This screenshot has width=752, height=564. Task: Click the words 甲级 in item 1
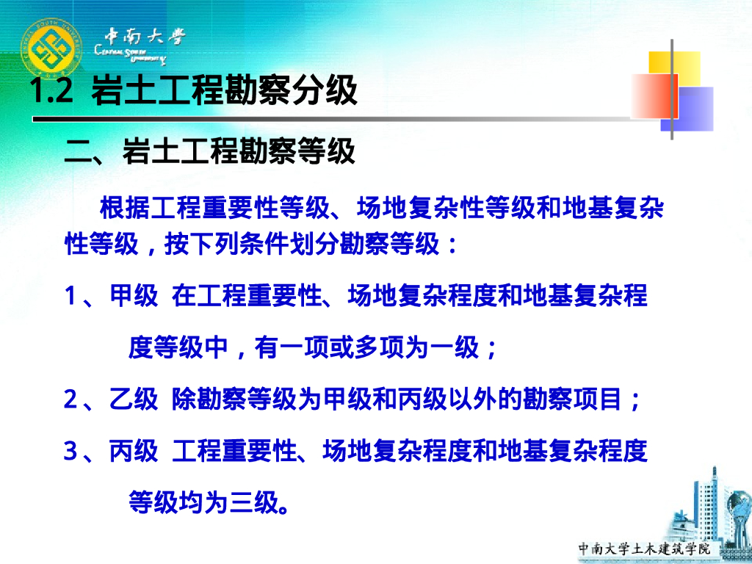(134, 297)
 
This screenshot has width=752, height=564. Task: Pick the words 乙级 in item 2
(134, 400)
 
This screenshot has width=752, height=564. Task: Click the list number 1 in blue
(70, 297)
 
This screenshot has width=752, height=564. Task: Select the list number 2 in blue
(70, 400)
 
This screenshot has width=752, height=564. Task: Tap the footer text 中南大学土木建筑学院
(645, 549)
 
